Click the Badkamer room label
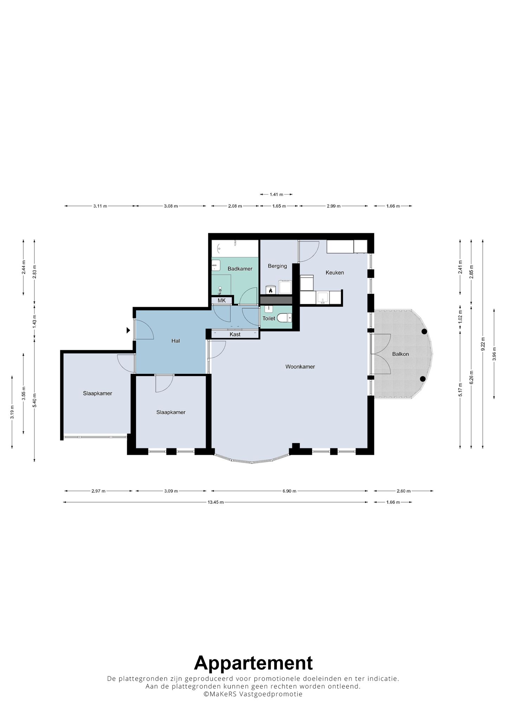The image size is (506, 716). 240,269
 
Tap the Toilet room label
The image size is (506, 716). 269,318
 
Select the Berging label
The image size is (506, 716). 278,266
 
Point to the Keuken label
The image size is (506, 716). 335,272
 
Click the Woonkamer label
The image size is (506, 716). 300,367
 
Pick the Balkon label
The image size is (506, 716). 401,354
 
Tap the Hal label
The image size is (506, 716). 176,341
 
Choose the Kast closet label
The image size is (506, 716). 235,334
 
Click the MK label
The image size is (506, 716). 222,301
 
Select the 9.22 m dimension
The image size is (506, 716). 483,344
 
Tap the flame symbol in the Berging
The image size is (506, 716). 271,290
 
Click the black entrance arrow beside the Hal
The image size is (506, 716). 129,330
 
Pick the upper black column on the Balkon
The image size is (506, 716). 424,331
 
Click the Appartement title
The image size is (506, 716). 253,663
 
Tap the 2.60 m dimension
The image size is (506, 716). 403,491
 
